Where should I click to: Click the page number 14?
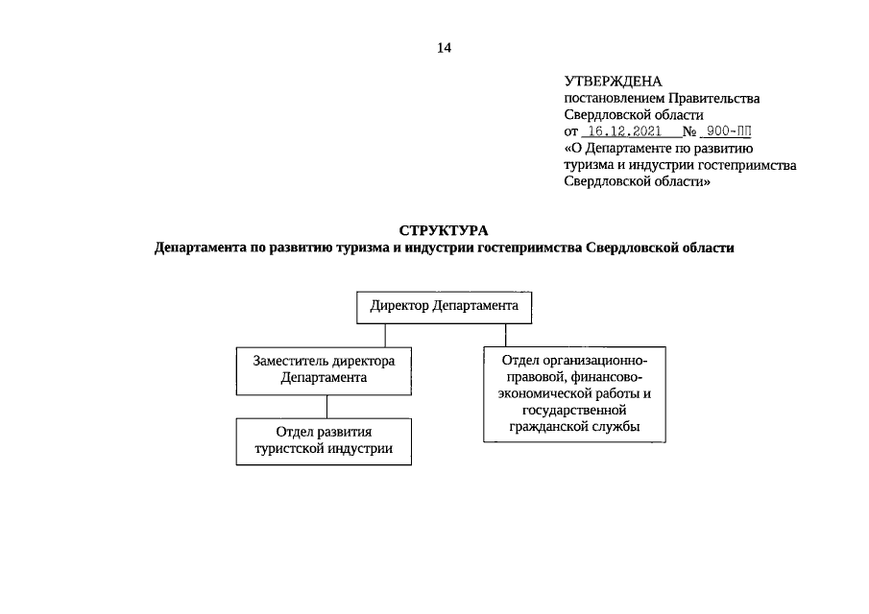(x=444, y=47)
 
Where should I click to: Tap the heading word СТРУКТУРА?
(x=444, y=230)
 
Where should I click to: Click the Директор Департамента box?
(x=444, y=307)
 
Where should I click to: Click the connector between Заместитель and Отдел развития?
(x=328, y=406)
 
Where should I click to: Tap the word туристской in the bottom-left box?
(x=288, y=449)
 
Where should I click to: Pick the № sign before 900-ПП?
(x=688, y=131)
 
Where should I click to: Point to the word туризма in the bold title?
(x=350, y=248)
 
